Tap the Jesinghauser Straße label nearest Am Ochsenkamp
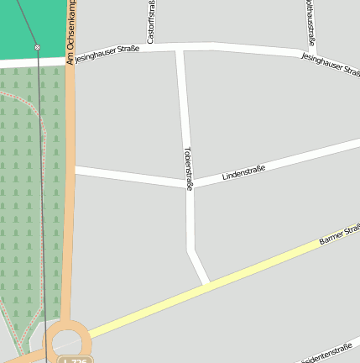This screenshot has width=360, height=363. coord(107,55)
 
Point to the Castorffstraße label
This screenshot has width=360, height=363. coord(150,23)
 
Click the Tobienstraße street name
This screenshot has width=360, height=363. coord(188,168)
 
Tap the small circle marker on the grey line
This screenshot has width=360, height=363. coord(37,48)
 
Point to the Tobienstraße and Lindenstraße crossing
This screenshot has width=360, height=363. coord(189,184)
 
